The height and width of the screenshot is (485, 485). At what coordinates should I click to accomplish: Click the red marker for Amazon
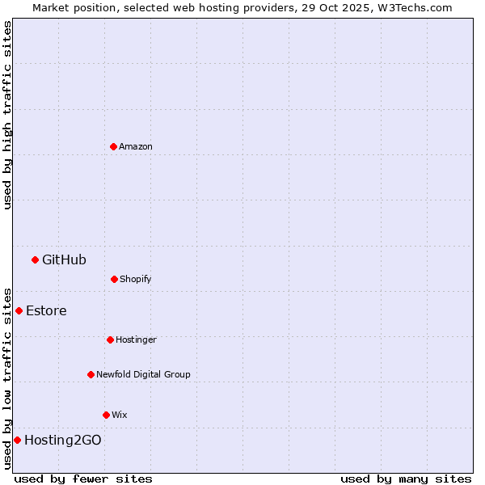pyautogui.click(x=113, y=146)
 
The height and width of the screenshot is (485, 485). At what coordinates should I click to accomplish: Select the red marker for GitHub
pyautogui.click(x=35, y=259)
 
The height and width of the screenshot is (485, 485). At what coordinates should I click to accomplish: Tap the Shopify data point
pyautogui.click(x=114, y=279)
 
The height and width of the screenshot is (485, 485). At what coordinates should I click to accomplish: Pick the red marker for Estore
pyautogui.click(x=19, y=310)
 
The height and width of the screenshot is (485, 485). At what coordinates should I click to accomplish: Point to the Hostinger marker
pyautogui.click(x=110, y=339)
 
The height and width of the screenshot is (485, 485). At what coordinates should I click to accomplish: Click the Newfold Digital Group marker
pyautogui.click(x=91, y=374)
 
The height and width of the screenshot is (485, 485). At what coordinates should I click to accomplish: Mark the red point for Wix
pyautogui.click(x=106, y=415)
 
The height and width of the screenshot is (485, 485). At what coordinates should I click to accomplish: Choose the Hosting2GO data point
pyautogui.click(x=17, y=440)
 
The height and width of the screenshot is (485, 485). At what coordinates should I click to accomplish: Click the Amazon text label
pyautogui.click(x=136, y=146)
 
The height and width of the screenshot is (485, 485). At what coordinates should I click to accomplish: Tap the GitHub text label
pyautogui.click(x=64, y=259)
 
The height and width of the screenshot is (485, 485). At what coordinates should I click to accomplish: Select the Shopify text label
pyautogui.click(x=136, y=279)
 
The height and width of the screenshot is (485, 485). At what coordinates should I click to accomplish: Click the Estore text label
pyautogui.click(x=46, y=310)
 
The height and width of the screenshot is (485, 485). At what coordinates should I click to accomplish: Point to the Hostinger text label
pyautogui.click(x=136, y=339)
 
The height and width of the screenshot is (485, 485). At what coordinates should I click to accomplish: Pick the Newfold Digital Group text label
pyautogui.click(x=143, y=374)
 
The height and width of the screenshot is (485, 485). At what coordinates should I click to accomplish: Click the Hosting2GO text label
pyautogui.click(x=63, y=440)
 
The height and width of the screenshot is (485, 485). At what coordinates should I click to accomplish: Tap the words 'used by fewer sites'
pyautogui.click(x=83, y=479)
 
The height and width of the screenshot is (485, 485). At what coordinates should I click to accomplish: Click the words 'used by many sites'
pyautogui.click(x=406, y=479)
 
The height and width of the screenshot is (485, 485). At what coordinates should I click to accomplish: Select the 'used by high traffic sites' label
pyautogui.click(x=7, y=115)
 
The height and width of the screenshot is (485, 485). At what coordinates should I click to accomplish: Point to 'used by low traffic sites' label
pyautogui.click(x=7, y=377)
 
